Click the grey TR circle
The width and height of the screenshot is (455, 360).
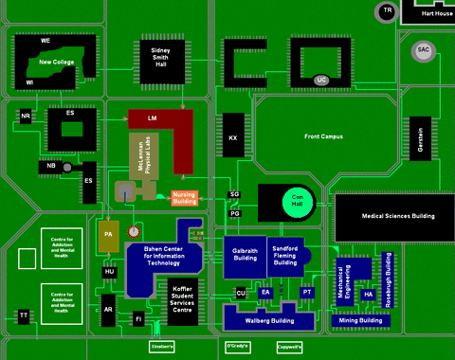click(386, 11)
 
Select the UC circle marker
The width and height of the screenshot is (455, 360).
click(321, 80)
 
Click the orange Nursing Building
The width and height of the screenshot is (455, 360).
click(184, 198)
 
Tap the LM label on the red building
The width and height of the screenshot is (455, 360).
click(152, 118)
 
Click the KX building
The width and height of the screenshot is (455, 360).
click(232, 137)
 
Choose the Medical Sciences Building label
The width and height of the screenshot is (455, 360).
click(397, 216)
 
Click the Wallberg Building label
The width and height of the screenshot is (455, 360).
click(269, 321)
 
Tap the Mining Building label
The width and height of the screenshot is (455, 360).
click(360, 320)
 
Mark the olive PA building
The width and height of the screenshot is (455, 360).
click(108, 233)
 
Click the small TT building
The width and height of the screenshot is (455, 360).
click(23, 315)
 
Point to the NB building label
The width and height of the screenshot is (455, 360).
click(51, 167)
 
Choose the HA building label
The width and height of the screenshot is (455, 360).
click(369, 295)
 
